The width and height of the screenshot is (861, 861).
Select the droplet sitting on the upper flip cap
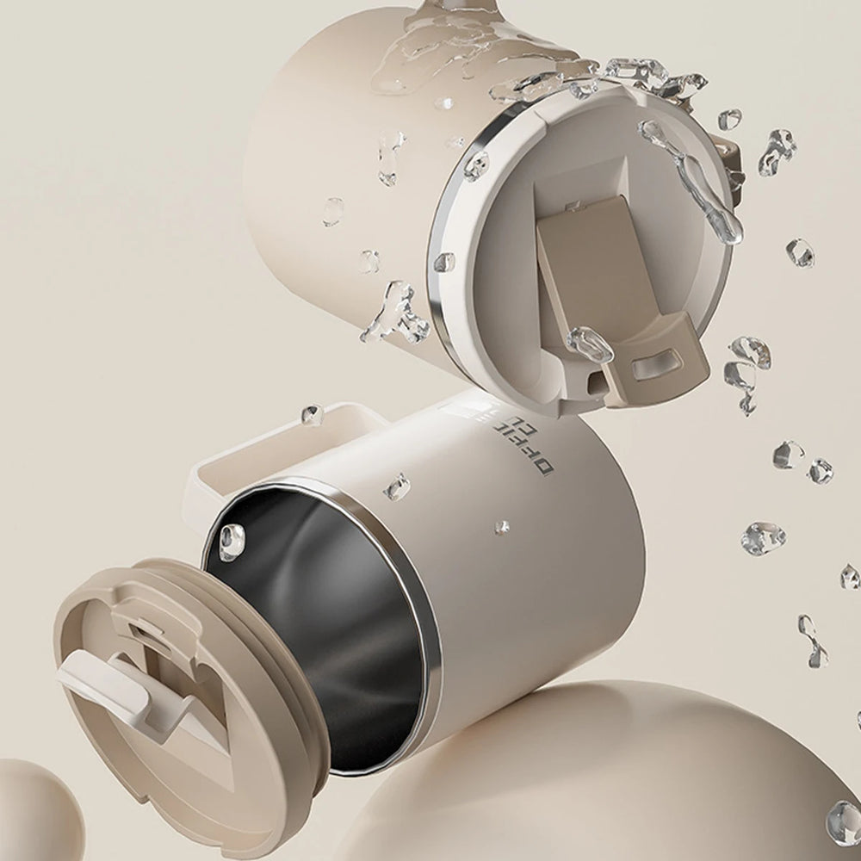click(x=590, y=344)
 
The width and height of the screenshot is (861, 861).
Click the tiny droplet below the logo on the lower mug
click(x=500, y=526)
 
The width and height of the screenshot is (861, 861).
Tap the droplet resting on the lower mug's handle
click(x=312, y=415)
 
